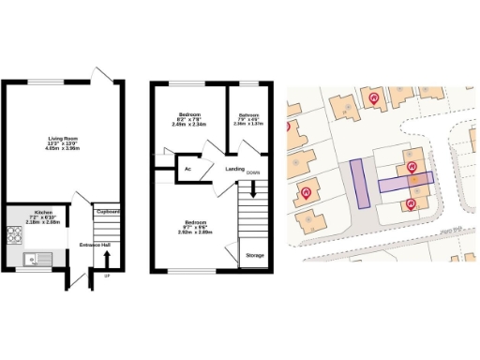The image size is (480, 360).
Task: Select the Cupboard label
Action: (x=107, y=212)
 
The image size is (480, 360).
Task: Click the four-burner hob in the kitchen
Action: (x=16, y=234)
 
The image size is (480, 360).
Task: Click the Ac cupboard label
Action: (x=188, y=169)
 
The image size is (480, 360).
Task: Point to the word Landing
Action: (x=234, y=170)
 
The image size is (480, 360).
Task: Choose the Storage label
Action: (x=254, y=254)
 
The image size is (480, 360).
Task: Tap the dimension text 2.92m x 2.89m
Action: (x=196, y=231)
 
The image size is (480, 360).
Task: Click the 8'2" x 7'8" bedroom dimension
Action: (x=196, y=118)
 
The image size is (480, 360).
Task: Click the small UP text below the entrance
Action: (x=106, y=277)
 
